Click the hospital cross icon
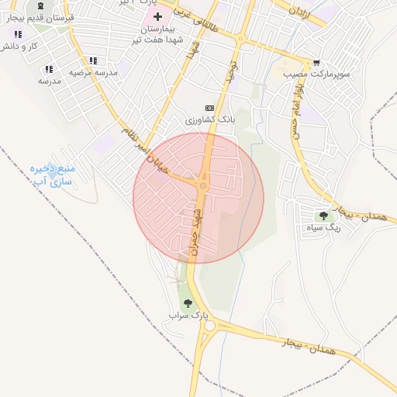[x=158, y=16]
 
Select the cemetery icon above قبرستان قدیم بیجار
[x=40, y=5]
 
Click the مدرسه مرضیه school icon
[x=93, y=60]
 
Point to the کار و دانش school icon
[x=18, y=35]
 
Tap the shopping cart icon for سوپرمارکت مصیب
[x=316, y=63]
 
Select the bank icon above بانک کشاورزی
[x=208, y=108]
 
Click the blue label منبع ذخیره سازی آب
[x=51, y=174]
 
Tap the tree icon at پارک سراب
[x=188, y=304]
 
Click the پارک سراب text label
[x=189, y=316]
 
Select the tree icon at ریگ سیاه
[x=323, y=216]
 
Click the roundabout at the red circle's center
[x=203, y=185]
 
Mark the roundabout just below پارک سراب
[x=208, y=326]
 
